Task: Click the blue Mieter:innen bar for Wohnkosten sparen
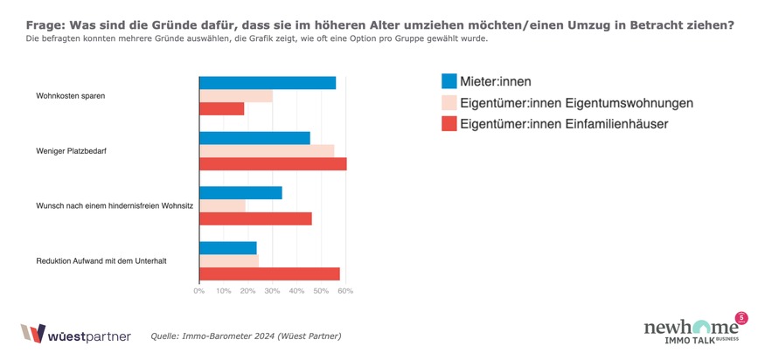point(268,83)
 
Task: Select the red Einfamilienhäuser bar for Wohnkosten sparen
point(222,109)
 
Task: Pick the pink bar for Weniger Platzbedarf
point(267,151)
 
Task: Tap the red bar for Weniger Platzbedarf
point(273,164)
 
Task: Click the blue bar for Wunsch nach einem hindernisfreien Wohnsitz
point(240,193)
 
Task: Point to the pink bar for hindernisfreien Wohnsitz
point(222,206)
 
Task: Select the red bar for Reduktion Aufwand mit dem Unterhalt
point(269,273)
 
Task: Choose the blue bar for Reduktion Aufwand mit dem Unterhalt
point(228,248)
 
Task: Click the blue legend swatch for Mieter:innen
point(449,81)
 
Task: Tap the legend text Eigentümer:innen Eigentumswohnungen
point(576,103)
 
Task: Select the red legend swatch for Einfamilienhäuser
point(449,124)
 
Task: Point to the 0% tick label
point(199,291)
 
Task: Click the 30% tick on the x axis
point(272,291)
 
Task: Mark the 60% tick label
point(344,291)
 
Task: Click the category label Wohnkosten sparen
point(70,96)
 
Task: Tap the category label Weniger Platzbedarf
point(71,151)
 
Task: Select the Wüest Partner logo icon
point(32,334)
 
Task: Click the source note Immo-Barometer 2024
point(246,336)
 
